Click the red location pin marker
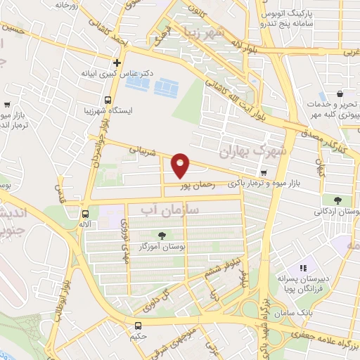[x=181, y=165]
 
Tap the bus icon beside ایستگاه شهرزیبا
[x=108, y=100]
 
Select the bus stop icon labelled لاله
[x=85, y=214]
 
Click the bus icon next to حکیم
[x=139, y=326]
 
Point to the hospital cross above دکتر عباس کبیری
[x=117, y=62]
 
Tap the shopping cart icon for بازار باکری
[x=263, y=172]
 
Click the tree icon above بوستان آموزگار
[x=162, y=236]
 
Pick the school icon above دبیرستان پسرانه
[x=303, y=267]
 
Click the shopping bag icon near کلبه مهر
[x=340, y=93]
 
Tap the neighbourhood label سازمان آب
[x=170, y=210]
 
